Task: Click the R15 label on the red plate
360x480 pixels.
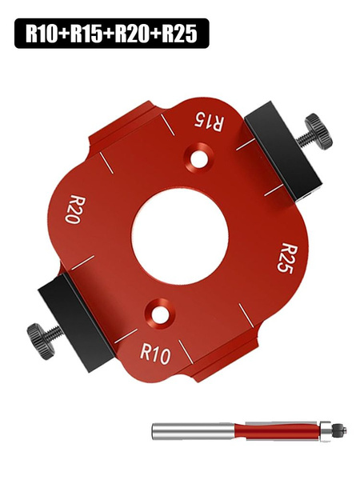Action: [x=210, y=122]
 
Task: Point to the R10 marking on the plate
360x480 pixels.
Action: [x=155, y=354]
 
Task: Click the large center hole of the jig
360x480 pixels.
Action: [x=180, y=235]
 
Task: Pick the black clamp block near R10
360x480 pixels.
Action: [x=76, y=318]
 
